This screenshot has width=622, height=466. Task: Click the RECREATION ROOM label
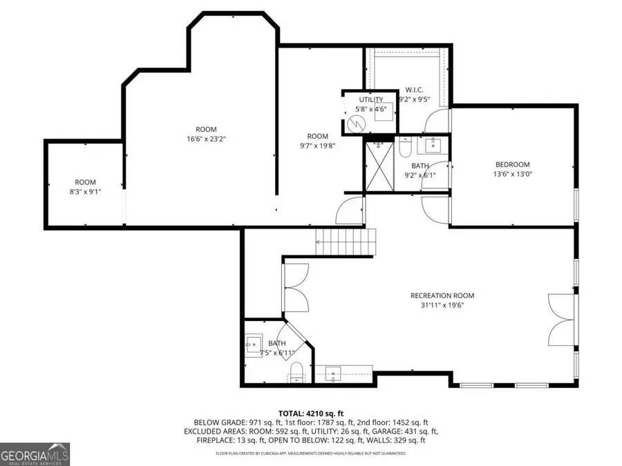452,295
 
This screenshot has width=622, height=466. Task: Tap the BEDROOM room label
512,164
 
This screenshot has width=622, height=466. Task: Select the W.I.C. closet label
414,90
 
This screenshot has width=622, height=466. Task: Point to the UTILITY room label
370,100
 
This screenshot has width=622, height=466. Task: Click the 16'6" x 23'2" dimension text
206,139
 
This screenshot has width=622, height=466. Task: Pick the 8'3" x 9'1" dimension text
85,191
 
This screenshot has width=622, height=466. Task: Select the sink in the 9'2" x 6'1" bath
435,145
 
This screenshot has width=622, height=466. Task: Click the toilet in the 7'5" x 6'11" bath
296,369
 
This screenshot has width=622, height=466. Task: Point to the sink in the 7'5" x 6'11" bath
252,344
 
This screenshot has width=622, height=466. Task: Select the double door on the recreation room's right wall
561,320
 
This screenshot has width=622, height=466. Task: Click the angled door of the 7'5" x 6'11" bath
298,338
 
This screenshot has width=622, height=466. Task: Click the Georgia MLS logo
35,456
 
